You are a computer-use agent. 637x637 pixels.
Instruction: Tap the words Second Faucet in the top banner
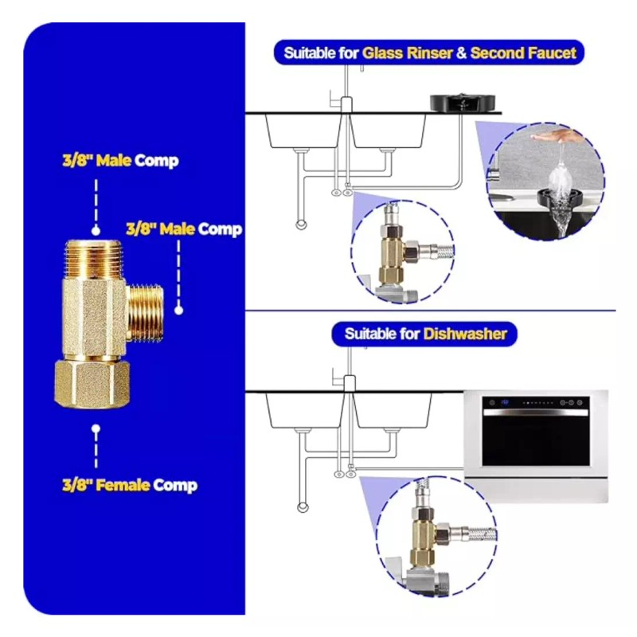(523, 53)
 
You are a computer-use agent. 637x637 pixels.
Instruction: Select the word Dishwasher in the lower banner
(465, 333)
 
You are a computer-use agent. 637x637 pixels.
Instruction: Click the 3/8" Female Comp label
(130, 485)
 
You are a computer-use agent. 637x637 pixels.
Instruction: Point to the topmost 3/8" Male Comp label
(120, 160)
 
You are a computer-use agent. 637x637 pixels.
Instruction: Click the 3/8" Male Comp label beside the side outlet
(184, 229)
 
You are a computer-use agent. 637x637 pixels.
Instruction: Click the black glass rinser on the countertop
(462, 102)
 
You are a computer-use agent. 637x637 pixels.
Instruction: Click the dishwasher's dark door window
(536, 440)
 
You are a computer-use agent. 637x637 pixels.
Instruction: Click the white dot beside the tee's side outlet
(179, 311)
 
